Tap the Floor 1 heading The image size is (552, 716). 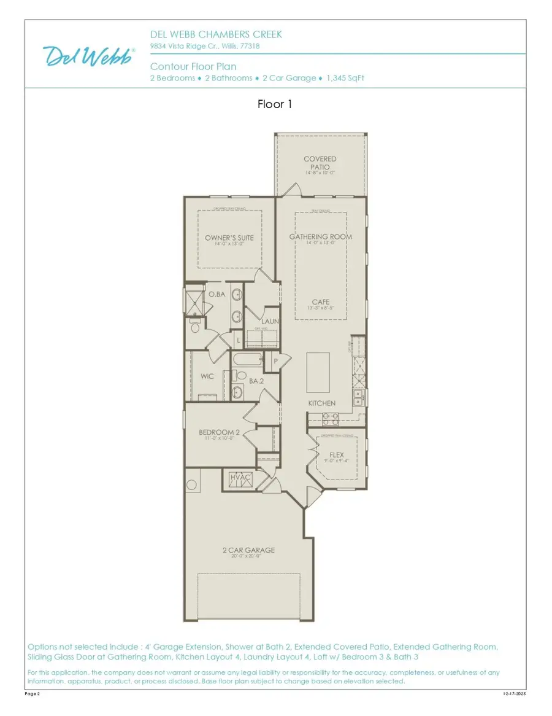[275, 104]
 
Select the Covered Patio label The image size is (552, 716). [320, 163]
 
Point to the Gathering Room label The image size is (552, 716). [320, 237]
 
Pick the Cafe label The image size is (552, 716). [320, 302]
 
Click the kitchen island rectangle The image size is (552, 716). [318, 372]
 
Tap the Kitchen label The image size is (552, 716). [321, 403]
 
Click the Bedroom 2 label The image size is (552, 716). [219, 433]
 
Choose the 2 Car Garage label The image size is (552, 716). [248, 550]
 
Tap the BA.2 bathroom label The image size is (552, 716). [256, 381]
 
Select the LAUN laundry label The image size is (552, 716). [270, 321]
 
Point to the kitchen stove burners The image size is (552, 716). [330, 419]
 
